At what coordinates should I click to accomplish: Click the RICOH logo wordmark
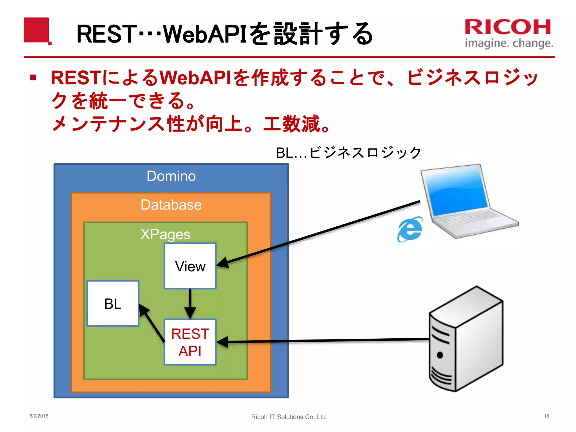click(x=508, y=27)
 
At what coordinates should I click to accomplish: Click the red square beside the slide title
click(x=37, y=30)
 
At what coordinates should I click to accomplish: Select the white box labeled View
click(x=190, y=266)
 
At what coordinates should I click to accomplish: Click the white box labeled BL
click(x=113, y=303)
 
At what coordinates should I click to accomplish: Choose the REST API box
click(x=190, y=342)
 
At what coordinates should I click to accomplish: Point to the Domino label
click(x=171, y=176)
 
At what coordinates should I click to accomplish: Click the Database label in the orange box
click(x=171, y=204)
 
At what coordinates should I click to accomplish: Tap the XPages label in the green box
click(x=165, y=234)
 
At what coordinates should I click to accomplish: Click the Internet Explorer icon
click(x=410, y=229)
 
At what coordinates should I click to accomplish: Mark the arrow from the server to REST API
click(x=323, y=341)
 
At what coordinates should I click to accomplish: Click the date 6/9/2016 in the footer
click(x=39, y=416)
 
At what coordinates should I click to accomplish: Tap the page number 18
click(x=546, y=416)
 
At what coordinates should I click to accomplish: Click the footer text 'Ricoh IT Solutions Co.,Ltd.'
click(x=289, y=417)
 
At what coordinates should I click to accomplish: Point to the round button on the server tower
click(x=440, y=355)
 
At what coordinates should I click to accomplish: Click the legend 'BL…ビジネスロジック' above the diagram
click(x=348, y=153)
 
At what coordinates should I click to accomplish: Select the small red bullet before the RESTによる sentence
click(x=33, y=77)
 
